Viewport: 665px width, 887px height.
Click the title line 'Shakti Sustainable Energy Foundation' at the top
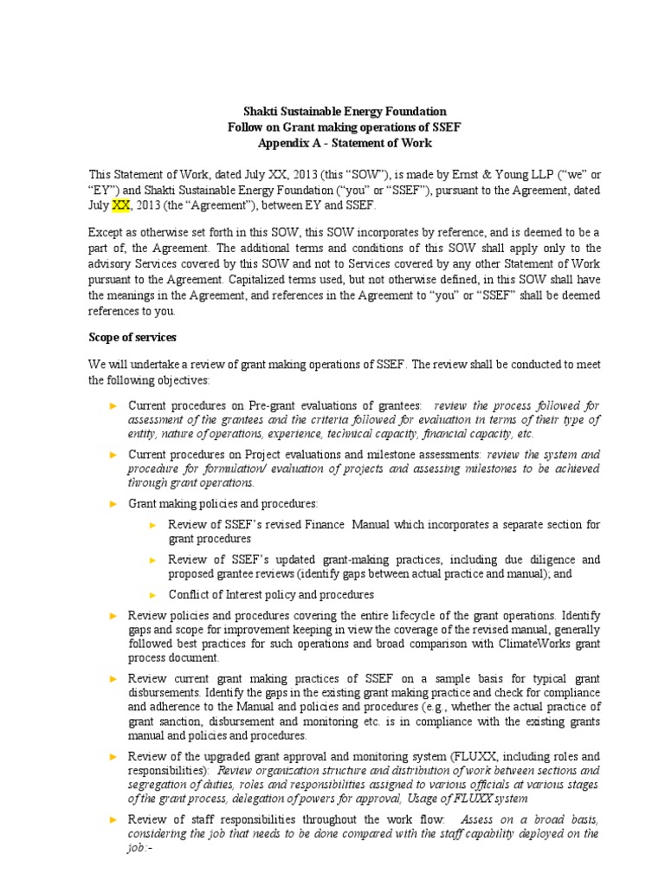click(343, 112)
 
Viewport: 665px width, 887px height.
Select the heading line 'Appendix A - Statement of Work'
click(344, 143)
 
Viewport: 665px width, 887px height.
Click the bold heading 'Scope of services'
click(135, 337)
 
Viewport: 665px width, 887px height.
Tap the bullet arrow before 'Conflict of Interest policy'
click(153, 595)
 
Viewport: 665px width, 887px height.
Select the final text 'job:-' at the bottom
click(140, 850)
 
